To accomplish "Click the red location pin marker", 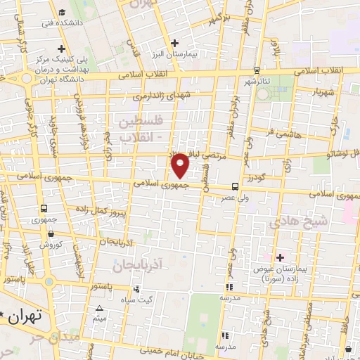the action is coord(181,165).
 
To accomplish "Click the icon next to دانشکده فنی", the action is coord(62,13).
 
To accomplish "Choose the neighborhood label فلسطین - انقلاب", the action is coord(143,129).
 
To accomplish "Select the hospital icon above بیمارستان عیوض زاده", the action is coord(280,257).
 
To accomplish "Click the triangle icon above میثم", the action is coord(99,309).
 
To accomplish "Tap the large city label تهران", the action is coord(27,316).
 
